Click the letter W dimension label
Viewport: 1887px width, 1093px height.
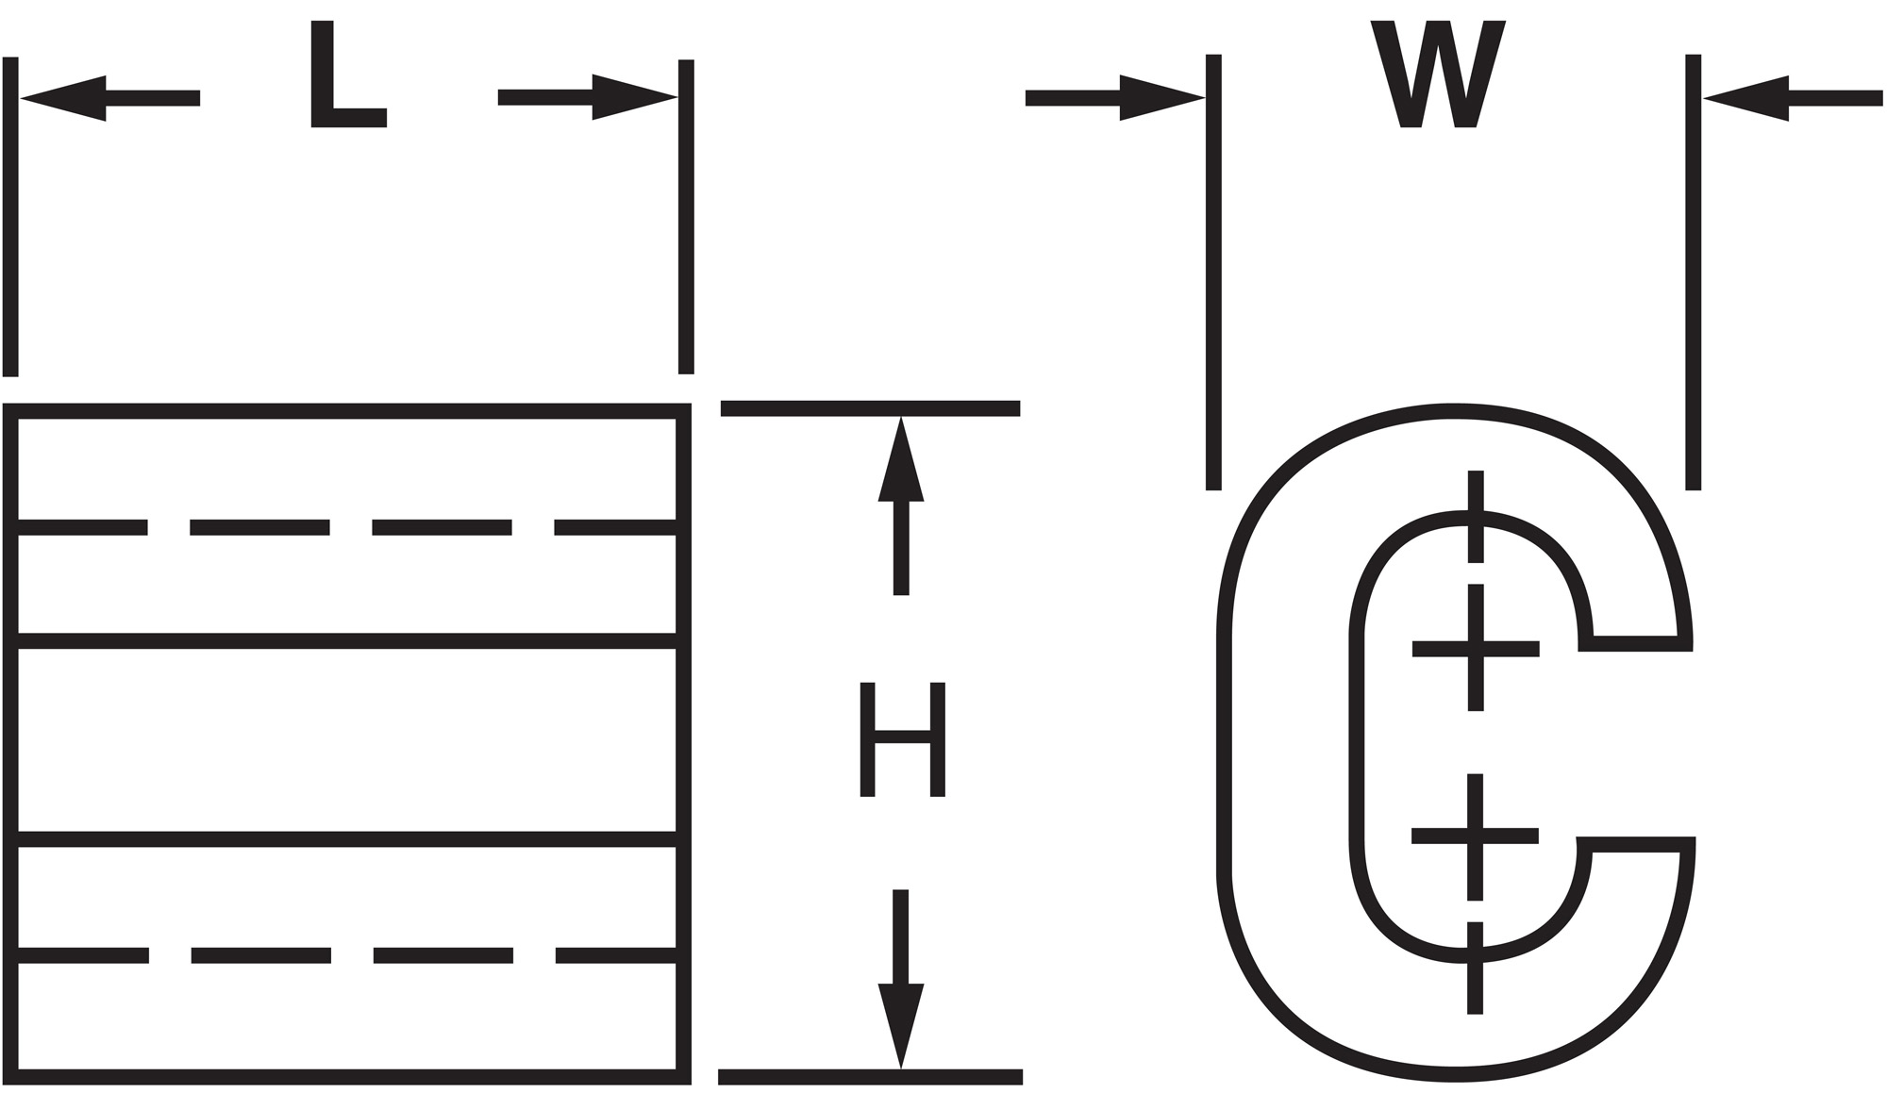pyautogui.click(x=1437, y=75)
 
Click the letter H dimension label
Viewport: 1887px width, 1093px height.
pyautogui.click(x=902, y=739)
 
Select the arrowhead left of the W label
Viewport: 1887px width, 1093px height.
pyautogui.click(x=1161, y=97)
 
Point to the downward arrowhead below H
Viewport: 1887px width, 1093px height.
pyautogui.click(x=901, y=1023)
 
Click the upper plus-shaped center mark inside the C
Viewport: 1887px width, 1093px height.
pyautogui.click(x=1476, y=648)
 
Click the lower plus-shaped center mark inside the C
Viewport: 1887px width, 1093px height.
pyautogui.click(x=1476, y=836)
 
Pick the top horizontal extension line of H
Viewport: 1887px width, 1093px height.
pyautogui.click(x=870, y=408)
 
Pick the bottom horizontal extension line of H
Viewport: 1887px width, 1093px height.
pyautogui.click(x=870, y=1077)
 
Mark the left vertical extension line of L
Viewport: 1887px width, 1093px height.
pyautogui.click(x=10, y=217)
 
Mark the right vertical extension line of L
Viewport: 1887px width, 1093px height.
pyautogui.click(x=686, y=217)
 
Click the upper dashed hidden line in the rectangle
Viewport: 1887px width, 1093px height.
pyautogui.click(x=259, y=527)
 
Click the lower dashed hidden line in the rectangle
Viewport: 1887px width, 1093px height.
pyautogui.click(x=260, y=955)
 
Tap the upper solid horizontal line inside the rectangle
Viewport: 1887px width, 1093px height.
pyautogui.click(x=347, y=641)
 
